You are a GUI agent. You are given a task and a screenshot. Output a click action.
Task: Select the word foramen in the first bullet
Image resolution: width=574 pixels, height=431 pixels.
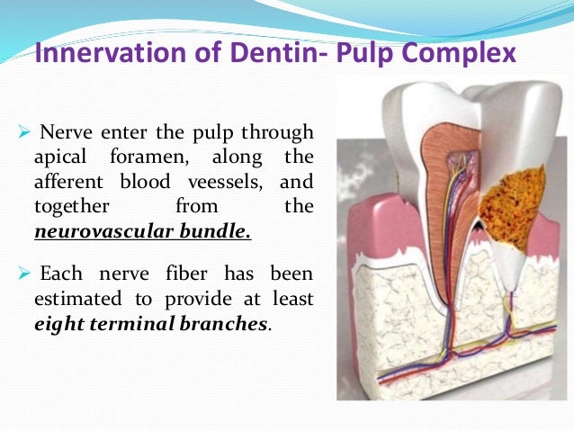[x=143, y=159]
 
